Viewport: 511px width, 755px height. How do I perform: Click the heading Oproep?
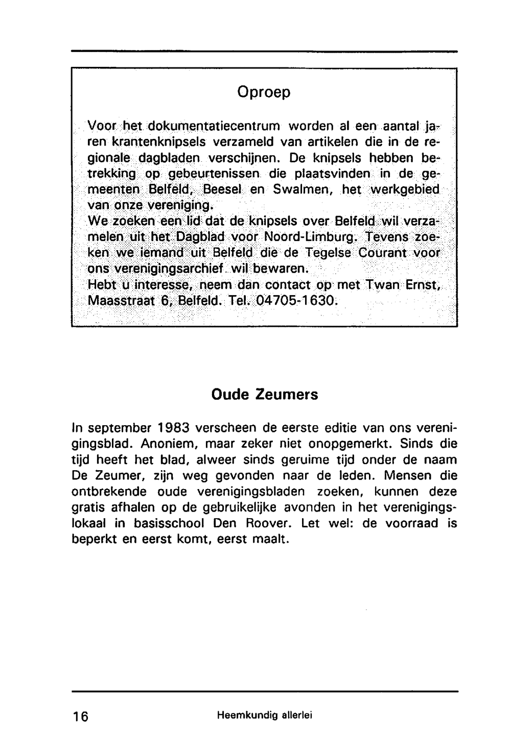click(x=264, y=92)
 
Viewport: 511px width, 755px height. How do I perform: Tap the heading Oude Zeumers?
click(x=264, y=395)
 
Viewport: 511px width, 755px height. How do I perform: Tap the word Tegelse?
click(x=328, y=253)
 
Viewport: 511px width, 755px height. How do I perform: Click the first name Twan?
click(x=382, y=284)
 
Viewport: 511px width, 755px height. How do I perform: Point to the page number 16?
click(x=80, y=716)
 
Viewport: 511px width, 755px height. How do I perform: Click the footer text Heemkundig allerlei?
click(x=264, y=716)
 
